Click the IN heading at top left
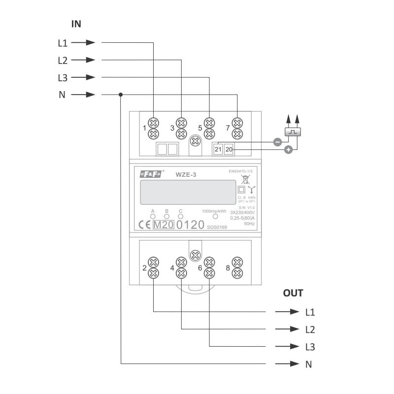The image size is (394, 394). pyautogui.click(x=76, y=24)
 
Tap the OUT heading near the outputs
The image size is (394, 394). pyautogui.click(x=293, y=293)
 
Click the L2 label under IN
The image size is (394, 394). pyautogui.click(x=63, y=60)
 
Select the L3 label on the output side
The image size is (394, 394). pyautogui.click(x=310, y=347)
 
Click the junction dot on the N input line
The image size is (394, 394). pyautogui.click(x=121, y=95)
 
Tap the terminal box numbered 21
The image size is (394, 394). pyautogui.click(x=218, y=148)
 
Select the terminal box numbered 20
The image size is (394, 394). pyautogui.click(x=229, y=148)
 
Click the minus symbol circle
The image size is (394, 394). pyautogui.click(x=277, y=142)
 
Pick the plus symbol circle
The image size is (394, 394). pyautogui.click(x=289, y=149)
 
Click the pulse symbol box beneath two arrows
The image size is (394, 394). pyautogui.click(x=293, y=132)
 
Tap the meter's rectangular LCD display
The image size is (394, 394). pyautogui.click(x=188, y=192)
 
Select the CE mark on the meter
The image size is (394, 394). pyautogui.click(x=144, y=225)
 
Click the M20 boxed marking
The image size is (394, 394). pyautogui.click(x=163, y=225)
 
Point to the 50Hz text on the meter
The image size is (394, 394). pyautogui.click(x=250, y=224)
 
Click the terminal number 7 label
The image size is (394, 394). pyautogui.click(x=228, y=128)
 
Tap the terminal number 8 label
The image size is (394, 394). pyautogui.click(x=228, y=268)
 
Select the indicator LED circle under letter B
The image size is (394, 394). pyautogui.click(x=166, y=216)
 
